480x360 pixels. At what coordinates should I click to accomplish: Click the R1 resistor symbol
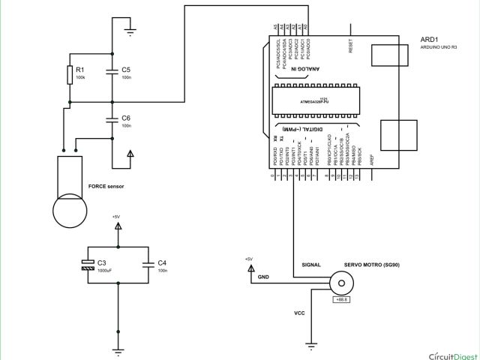(x=70, y=74)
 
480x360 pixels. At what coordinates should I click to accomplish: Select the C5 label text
(x=126, y=69)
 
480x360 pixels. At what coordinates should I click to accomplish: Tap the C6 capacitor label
(x=126, y=118)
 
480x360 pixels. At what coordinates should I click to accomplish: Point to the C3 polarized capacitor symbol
(x=87, y=263)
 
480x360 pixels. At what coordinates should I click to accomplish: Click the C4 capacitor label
(x=162, y=262)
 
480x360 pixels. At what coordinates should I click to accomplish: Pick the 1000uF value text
(x=105, y=270)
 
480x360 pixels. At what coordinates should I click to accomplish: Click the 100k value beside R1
(x=80, y=77)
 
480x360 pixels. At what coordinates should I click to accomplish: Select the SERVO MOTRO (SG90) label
(x=372, y=265)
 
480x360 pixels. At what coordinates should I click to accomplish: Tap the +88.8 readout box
(x=340, y=300)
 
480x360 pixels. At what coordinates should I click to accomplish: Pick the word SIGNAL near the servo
(x=310, y=265)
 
